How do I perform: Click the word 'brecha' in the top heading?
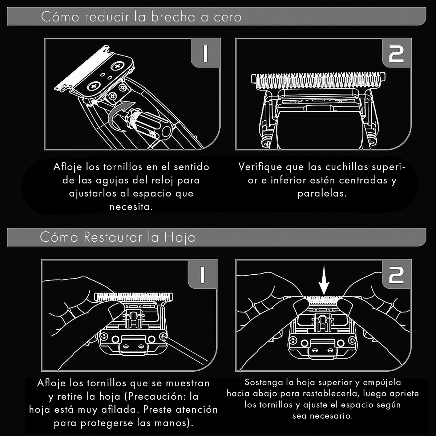coord(173,17)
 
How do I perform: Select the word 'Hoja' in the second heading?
coord(179,238)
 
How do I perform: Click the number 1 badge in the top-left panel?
coord(205,53)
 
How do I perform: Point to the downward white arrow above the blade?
coord(324,280)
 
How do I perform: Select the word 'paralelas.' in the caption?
coord(322,194)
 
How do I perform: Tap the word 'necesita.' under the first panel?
coord(131,207)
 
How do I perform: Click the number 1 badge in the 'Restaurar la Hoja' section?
coord(202,274)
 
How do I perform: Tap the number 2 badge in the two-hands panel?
coord(396,274)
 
